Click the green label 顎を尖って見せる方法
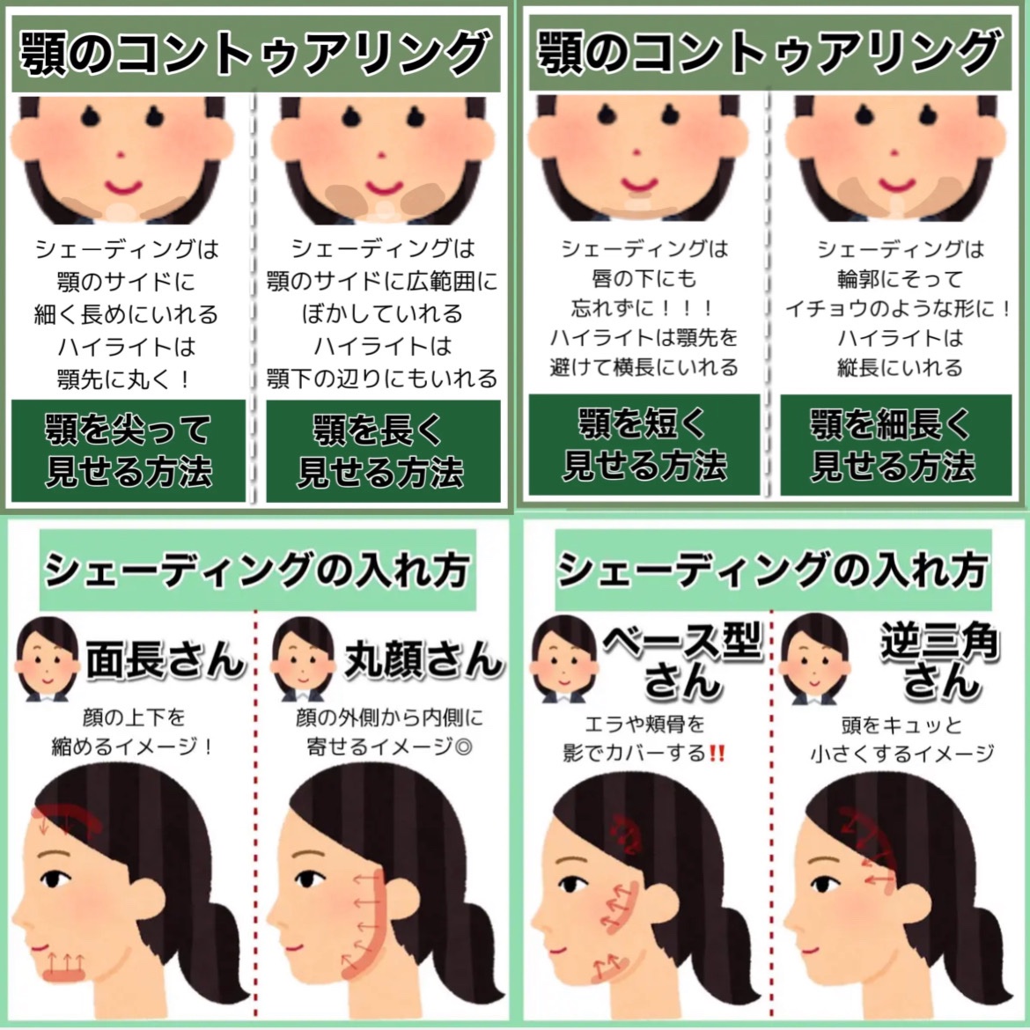pyautogui.click(x=129, y=451)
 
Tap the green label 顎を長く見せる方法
pyautogui.click(x=383, y=451)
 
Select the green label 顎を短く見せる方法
pyautogui.click(x=644, y=445)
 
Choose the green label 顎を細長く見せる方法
pyautogui.click(x=895, y=445)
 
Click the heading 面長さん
pyautogui.click(x=166, y=658)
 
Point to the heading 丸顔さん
pyautogui.click(x=423, y=658)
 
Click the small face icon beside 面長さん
pyautogui.click(x=47, y=658)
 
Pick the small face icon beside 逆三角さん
pyautogui.click(x=813, y=658)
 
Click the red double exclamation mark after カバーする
pyautogui.click(x=717, y=753)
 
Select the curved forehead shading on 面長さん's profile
pyautogui.click(x=66, y=817)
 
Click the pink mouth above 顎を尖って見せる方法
pyautogui.click(x=123, y=187)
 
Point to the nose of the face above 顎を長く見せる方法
pyautogui.click(x=382, y=156)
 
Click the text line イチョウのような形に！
pyautogui.click(x=898, y=309)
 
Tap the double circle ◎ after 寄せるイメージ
pyautogui.click(x=463, y=747)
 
